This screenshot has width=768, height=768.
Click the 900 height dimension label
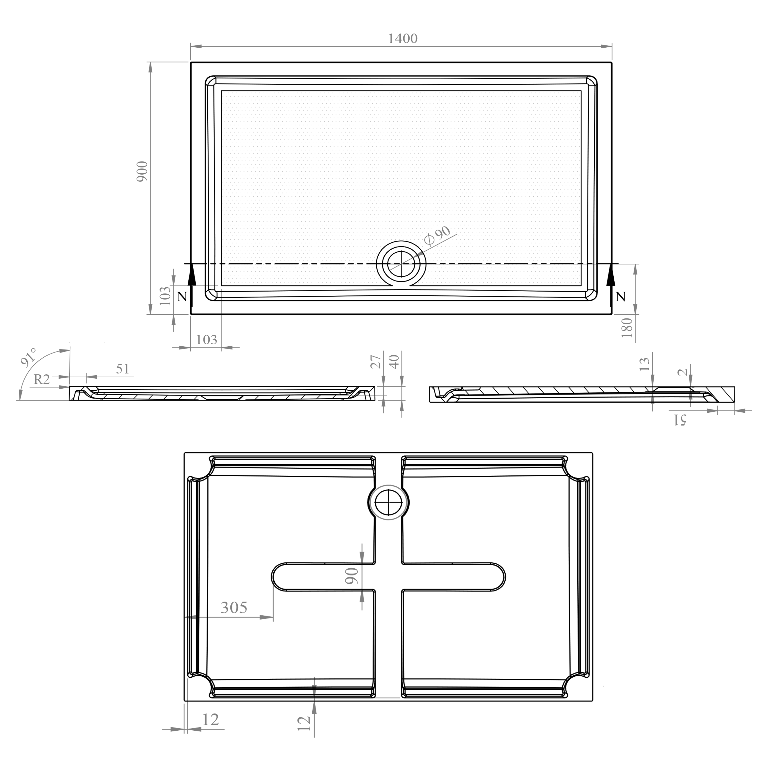pyautogui.click(x=142, y=172)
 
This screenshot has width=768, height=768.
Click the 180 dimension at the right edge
pyautogui.click(x=627, y=328)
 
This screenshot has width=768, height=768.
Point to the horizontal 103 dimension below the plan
pyautogui.click(x=206, y=339)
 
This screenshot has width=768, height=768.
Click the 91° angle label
pyautogui.click(x=29, y=357)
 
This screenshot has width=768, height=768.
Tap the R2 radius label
pyautogui.click(x=42, y=380)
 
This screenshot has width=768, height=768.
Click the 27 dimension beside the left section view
pyautogui.click(x=376, y=362)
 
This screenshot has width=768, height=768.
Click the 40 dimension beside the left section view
pyautogui.click(x=394, y=362)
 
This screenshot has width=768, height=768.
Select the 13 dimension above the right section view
pyautogui.click(x=644, y=364)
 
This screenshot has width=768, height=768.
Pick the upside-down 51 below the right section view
pyautogui.click(x=680, y=419)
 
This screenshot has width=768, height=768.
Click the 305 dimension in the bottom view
pyautogui.click(x=234, y=608)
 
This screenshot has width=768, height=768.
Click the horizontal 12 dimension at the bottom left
pyautogui.click(x=210, y=720)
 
